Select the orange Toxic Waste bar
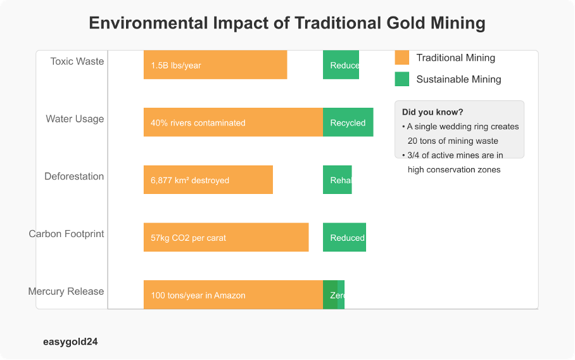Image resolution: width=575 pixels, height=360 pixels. coord(215,65)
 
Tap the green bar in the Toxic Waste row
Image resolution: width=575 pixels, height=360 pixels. coord(341,65)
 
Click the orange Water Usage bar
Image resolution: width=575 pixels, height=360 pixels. coord(233,122)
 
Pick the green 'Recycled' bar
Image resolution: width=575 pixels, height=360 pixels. coord(348,122)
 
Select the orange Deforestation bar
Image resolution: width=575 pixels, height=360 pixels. coord(208,180)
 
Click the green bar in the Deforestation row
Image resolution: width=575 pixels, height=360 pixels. coord(337,180)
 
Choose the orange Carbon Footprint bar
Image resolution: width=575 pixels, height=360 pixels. coord(226,238)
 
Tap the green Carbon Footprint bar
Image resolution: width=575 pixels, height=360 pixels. coord(344,238)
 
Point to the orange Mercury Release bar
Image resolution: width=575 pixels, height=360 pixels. coord(233,295)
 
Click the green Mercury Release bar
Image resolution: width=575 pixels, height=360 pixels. coord(334,295)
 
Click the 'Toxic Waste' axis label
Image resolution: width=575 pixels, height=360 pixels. coord(77,61)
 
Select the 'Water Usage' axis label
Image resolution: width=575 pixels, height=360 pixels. coord(75,119)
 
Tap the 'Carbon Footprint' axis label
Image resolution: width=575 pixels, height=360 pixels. coord(66,234)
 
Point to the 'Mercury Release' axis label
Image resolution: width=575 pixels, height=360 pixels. coord(66,292)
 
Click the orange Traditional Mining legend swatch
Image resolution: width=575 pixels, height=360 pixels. coord(402,58)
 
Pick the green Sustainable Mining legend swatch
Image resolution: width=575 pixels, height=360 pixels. coord(402,79)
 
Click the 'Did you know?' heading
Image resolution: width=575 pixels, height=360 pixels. coord(433,112)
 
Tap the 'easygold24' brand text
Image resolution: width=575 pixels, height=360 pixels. coord(70,342)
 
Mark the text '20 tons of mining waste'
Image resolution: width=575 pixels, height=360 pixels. coord(453,141)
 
